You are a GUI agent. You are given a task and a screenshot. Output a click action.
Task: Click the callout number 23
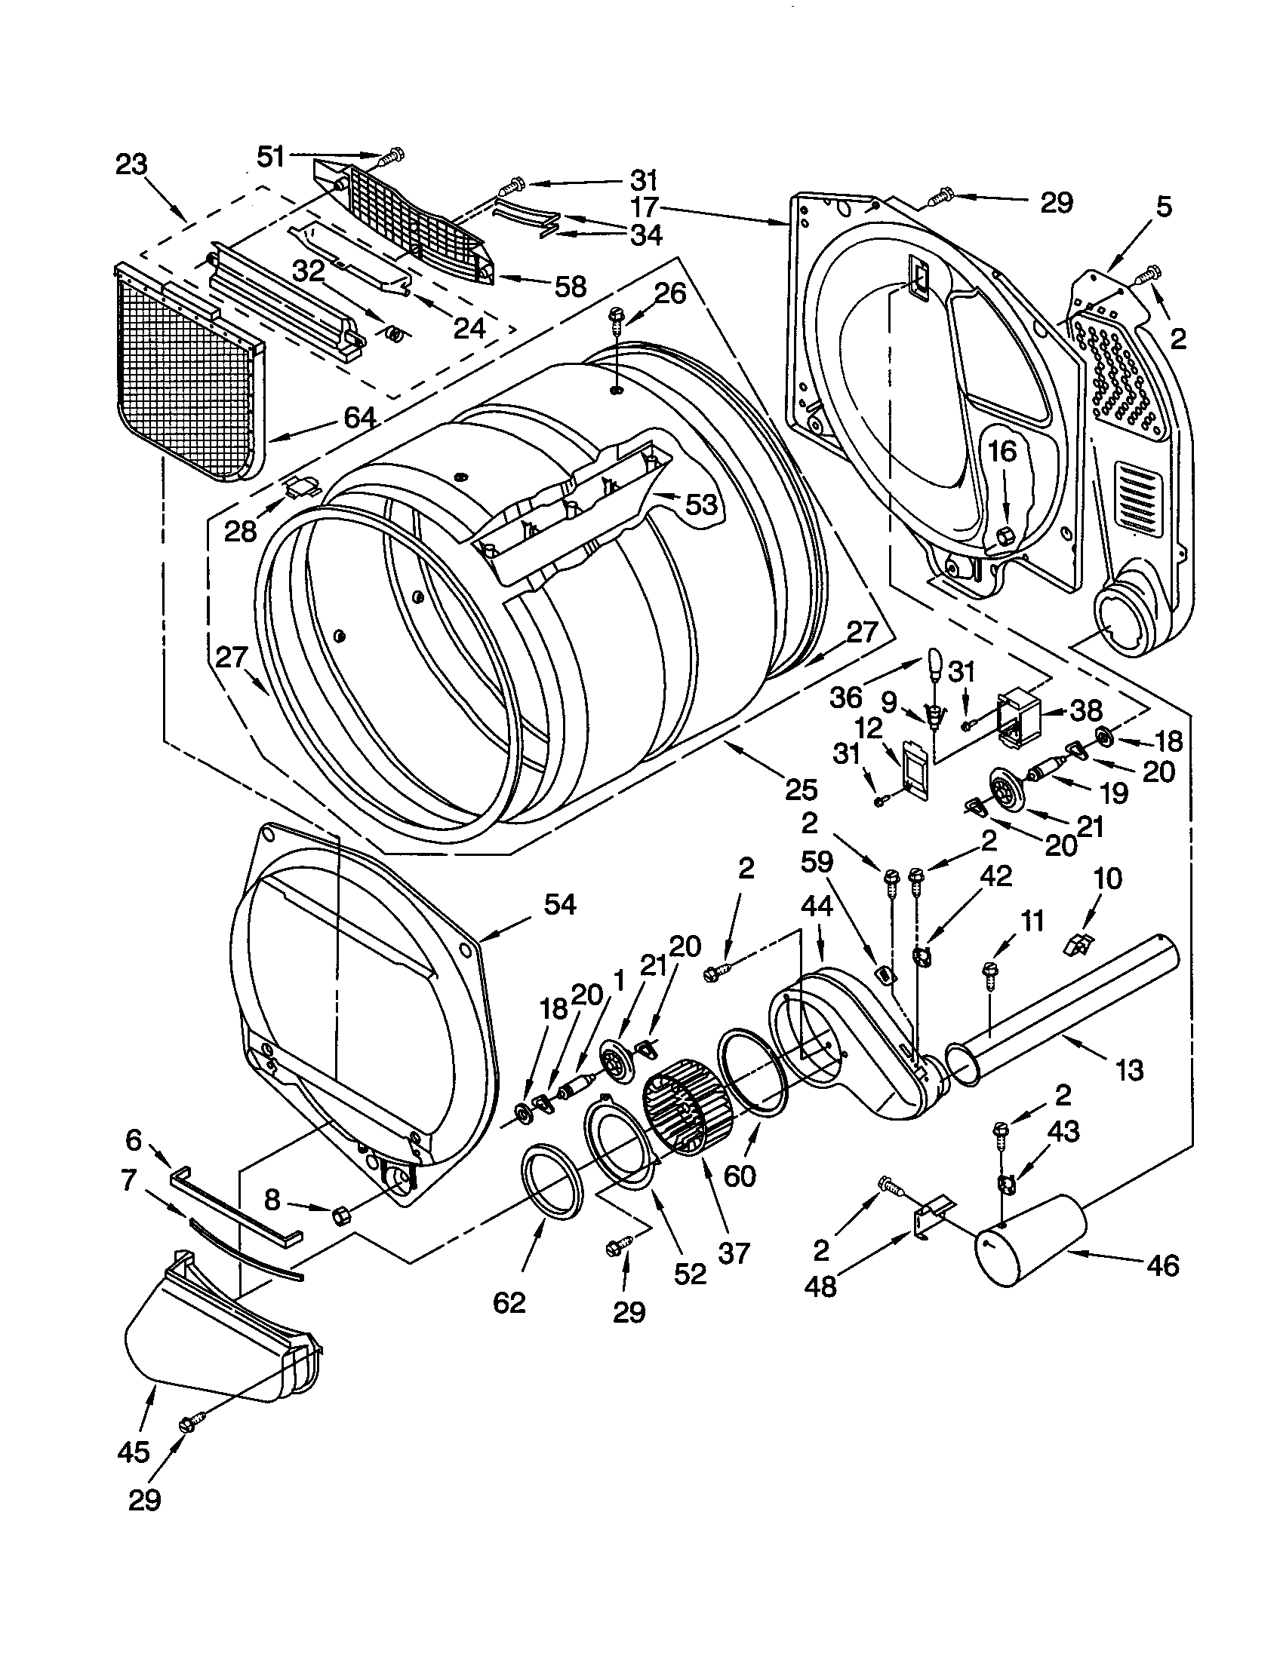[x=131, y=164]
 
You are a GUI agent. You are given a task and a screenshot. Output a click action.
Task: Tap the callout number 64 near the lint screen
[x=358, y=418]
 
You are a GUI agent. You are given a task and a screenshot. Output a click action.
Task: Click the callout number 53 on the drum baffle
[x=701, y=504]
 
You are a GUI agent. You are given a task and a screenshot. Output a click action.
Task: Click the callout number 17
[x=643, y=207]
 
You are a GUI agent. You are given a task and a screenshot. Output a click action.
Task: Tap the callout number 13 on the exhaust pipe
[x=1130, y=1070]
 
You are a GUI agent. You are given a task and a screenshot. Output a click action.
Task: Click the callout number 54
[x=559, y=904]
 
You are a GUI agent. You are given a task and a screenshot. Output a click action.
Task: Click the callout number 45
[x=134, y=1452]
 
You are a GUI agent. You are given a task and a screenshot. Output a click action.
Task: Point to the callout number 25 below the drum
[x=802, y=790]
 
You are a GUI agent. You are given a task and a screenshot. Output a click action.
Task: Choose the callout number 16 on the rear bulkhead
[x=1002, y=451]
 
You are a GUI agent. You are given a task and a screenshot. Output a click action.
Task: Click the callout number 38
[x=1086, y=710]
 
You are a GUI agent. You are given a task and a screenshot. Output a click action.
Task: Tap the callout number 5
[x=1165, y=206]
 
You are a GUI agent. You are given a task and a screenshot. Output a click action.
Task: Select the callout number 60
[x=740, y=1176]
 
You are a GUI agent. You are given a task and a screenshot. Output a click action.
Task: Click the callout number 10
[x=1107, y=879]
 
